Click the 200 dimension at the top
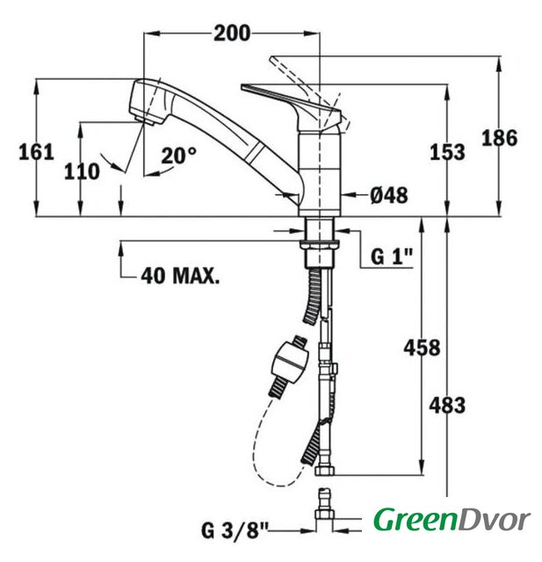[232, 33]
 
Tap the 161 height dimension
[36, 152]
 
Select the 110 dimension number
[82, 171]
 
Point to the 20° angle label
[178, 155]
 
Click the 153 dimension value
[447, 152]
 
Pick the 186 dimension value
[500, 138]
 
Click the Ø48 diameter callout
[389, 195]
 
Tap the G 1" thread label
[392, 256]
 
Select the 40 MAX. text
[180, 276]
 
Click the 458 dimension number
[422, 348]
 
